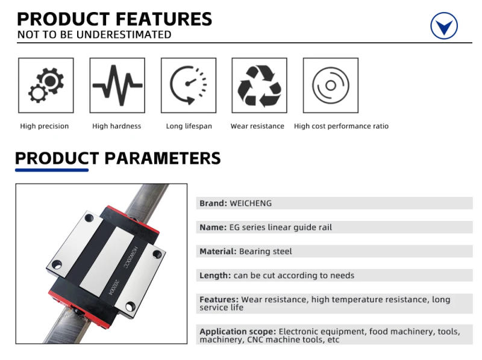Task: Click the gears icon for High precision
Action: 46,85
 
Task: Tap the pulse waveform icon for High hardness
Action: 117,85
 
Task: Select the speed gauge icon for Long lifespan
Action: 188,85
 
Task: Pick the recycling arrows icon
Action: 259,85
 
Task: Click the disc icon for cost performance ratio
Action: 330,85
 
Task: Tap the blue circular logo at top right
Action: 444,26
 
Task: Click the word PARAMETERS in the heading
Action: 163,159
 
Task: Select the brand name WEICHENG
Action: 251,203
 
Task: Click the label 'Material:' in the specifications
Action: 218,252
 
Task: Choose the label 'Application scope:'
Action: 237,332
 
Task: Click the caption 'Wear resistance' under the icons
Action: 257,126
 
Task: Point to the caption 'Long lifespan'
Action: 189,126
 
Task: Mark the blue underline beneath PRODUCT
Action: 52,170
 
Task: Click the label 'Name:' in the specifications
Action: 213,228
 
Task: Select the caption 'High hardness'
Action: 116,126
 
